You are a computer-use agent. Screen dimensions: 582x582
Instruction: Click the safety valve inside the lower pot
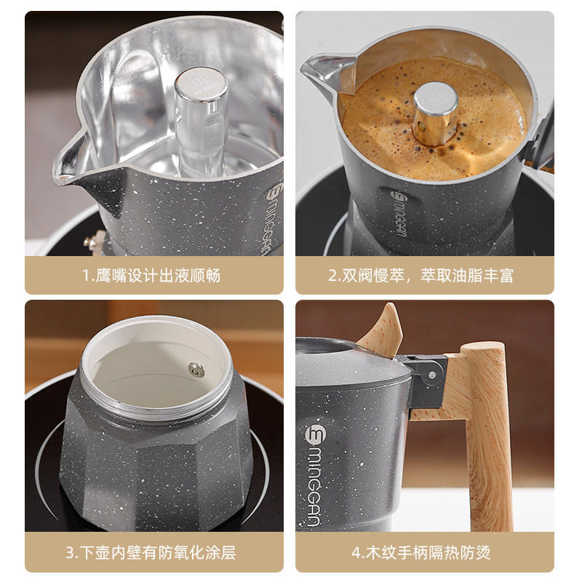196,370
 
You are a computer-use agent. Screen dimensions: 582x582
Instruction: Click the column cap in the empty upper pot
201,81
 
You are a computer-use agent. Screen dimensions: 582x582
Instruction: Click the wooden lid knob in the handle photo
382,330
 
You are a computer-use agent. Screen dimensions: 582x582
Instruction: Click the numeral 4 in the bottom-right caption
356,552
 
